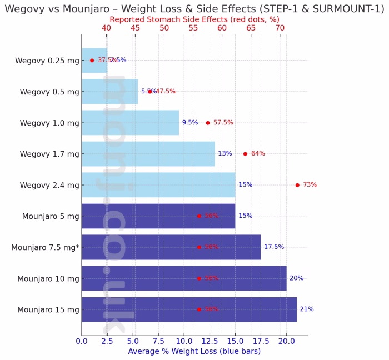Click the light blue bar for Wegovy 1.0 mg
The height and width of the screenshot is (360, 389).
130,122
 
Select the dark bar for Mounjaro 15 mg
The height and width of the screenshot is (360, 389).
189,309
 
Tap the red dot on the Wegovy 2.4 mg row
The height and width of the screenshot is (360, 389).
297,185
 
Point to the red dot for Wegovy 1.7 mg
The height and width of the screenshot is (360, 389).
245,154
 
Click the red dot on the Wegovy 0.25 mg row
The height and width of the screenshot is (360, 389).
92,60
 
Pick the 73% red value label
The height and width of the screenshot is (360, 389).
310,185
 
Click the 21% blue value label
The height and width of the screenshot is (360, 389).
306,309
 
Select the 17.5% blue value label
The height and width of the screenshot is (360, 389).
273,247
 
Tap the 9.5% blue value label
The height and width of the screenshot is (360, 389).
189,123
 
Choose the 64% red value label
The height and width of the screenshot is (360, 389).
258,154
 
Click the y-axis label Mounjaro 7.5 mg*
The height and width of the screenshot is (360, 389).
45,248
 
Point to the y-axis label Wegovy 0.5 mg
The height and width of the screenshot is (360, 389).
49,92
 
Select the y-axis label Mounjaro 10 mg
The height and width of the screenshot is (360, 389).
48,279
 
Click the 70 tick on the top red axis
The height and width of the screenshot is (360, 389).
280,28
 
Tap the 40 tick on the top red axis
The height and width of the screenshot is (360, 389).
106,28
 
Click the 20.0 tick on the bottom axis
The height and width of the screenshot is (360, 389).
286,341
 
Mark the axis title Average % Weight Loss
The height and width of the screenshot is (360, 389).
194,352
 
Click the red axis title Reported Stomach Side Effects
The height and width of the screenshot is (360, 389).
194,19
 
